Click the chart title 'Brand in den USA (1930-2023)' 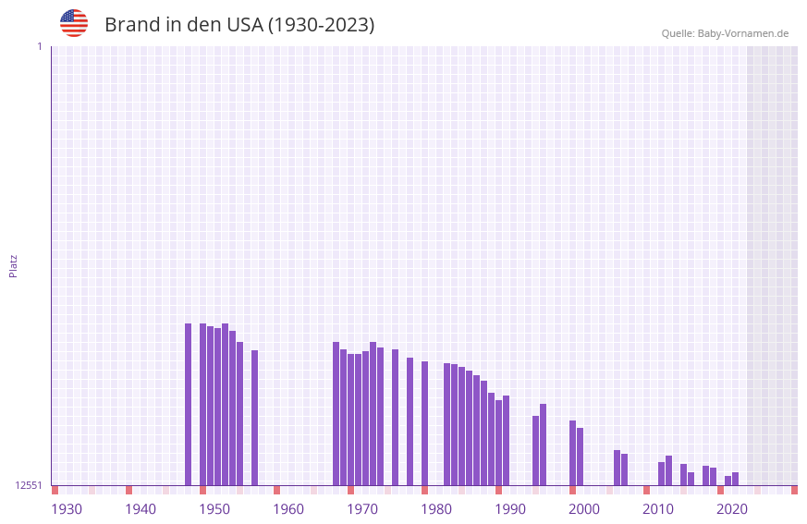239,25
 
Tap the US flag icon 74,23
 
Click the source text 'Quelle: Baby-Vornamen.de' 725,33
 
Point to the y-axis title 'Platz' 13,265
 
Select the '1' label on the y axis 39,46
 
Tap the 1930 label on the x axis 67,508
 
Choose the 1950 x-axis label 214,508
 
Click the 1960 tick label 288,508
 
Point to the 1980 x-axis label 436,508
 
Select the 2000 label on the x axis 584,508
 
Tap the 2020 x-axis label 732,508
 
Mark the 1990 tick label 510,508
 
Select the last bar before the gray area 736,479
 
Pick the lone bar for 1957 255,418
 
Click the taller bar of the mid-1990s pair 544,445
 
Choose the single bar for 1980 425,423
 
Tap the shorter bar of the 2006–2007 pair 625,469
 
